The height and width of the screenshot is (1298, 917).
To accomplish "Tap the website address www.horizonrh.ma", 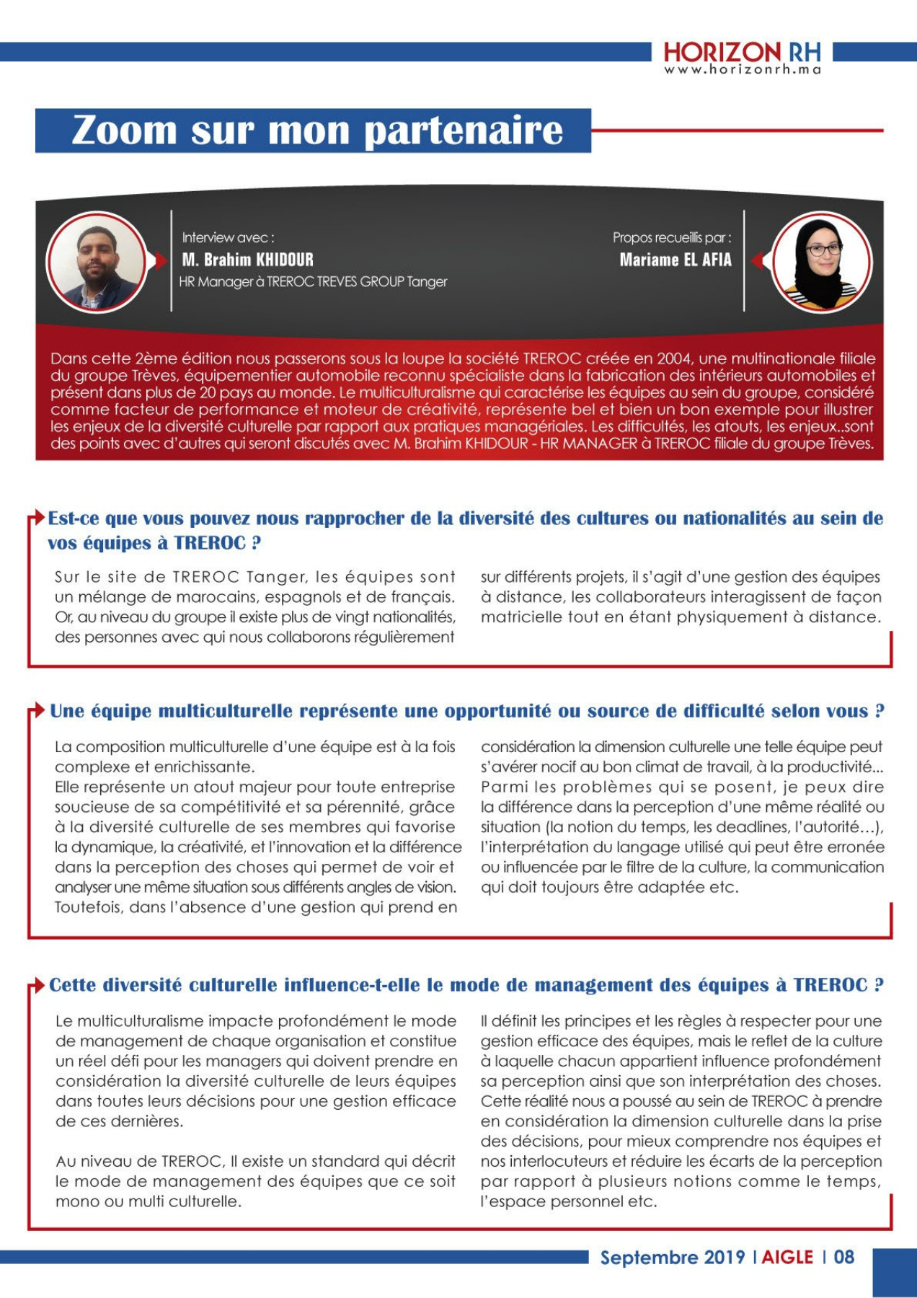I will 742,70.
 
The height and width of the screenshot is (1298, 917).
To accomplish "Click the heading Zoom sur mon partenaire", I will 316,131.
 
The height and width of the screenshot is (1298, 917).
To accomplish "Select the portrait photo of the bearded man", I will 97,262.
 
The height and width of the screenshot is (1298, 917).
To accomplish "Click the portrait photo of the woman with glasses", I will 821,262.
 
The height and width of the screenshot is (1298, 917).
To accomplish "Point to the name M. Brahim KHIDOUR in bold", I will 247,260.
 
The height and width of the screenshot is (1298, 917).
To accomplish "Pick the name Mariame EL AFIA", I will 675,260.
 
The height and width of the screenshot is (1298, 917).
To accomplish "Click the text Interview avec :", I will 227,237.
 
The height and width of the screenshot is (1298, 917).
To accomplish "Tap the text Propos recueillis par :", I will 671,237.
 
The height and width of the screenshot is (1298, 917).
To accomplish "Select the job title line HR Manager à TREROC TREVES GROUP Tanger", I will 313,282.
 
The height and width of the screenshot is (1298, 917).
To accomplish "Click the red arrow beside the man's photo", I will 161,260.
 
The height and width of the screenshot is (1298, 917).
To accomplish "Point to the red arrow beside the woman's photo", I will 757,260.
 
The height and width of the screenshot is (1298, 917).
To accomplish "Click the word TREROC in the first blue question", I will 210,543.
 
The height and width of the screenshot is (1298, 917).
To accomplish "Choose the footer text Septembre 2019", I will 672,1257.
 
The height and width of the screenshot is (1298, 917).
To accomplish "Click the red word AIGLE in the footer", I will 787,1257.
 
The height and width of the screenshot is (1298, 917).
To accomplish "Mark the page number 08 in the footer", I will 843,1257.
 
